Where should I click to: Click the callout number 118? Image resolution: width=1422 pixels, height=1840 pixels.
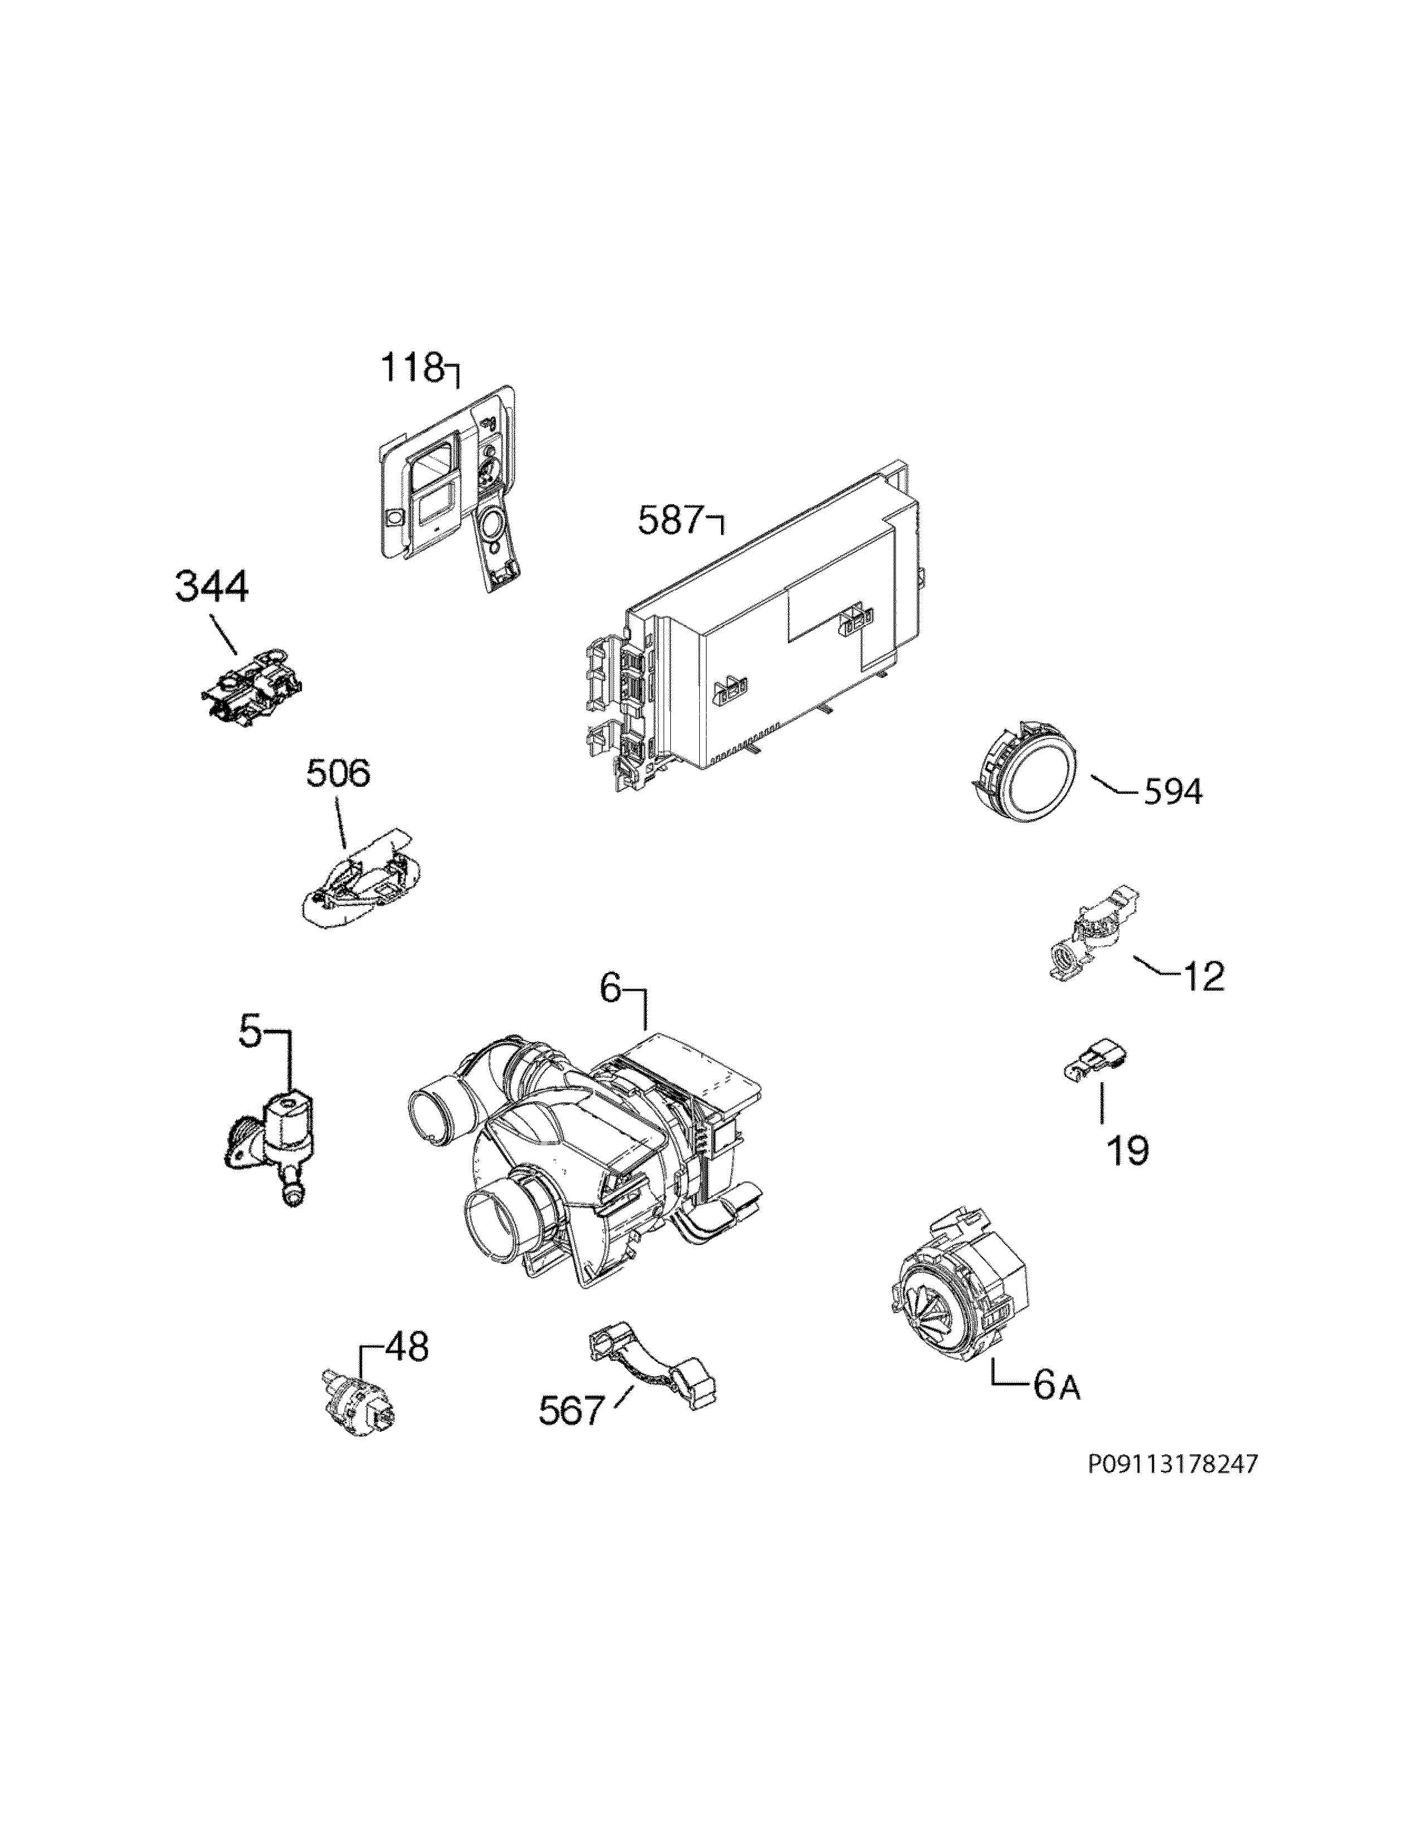click(412, 368)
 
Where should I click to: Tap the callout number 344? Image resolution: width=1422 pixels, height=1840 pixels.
click(211, 587)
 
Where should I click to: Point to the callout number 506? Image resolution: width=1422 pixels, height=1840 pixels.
click(337, 773)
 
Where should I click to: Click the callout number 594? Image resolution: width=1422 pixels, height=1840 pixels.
click(1173, 791)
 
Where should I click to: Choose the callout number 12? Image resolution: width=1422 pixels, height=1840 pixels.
click(1203, 976)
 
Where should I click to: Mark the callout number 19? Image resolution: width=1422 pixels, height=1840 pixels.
click(1127, 1150)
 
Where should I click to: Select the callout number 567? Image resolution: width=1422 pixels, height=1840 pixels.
click(572, 1410)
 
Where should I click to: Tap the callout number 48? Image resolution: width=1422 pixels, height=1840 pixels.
click(406, 1347)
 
